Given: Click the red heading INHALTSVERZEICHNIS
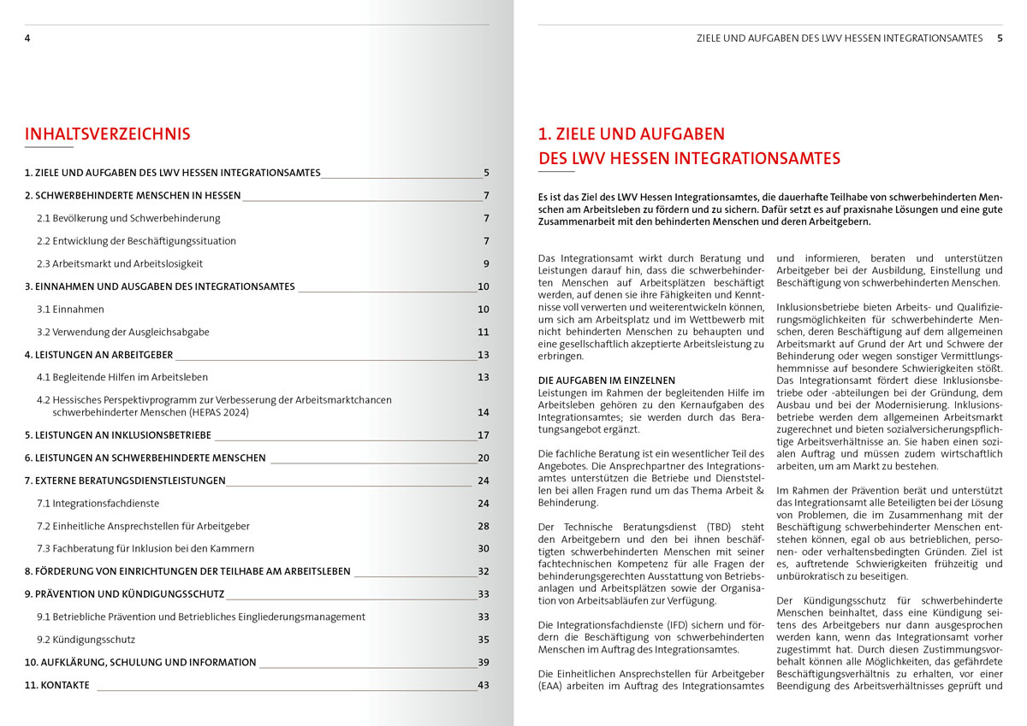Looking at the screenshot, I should pos(107,134).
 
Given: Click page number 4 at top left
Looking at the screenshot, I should pos(27,38).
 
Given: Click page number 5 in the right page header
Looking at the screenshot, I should pos(1000,38).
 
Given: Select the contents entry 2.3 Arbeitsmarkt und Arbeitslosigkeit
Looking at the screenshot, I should pos(120,263).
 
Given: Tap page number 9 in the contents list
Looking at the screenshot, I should pos(485,263).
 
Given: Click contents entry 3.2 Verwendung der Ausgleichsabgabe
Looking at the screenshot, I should pos(122,332).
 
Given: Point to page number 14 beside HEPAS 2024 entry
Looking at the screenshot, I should pos(484,412).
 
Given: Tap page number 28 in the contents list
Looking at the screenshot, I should pos(484,526).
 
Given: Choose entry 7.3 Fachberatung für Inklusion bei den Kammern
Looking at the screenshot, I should pos(146,548).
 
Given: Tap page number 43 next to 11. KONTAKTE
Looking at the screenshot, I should pos(484,685).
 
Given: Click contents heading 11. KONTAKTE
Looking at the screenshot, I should pos(56,685).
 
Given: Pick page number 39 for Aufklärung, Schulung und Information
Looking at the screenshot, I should pos(484,662).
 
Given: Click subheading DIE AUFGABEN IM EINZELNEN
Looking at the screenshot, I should pos(607,381).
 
